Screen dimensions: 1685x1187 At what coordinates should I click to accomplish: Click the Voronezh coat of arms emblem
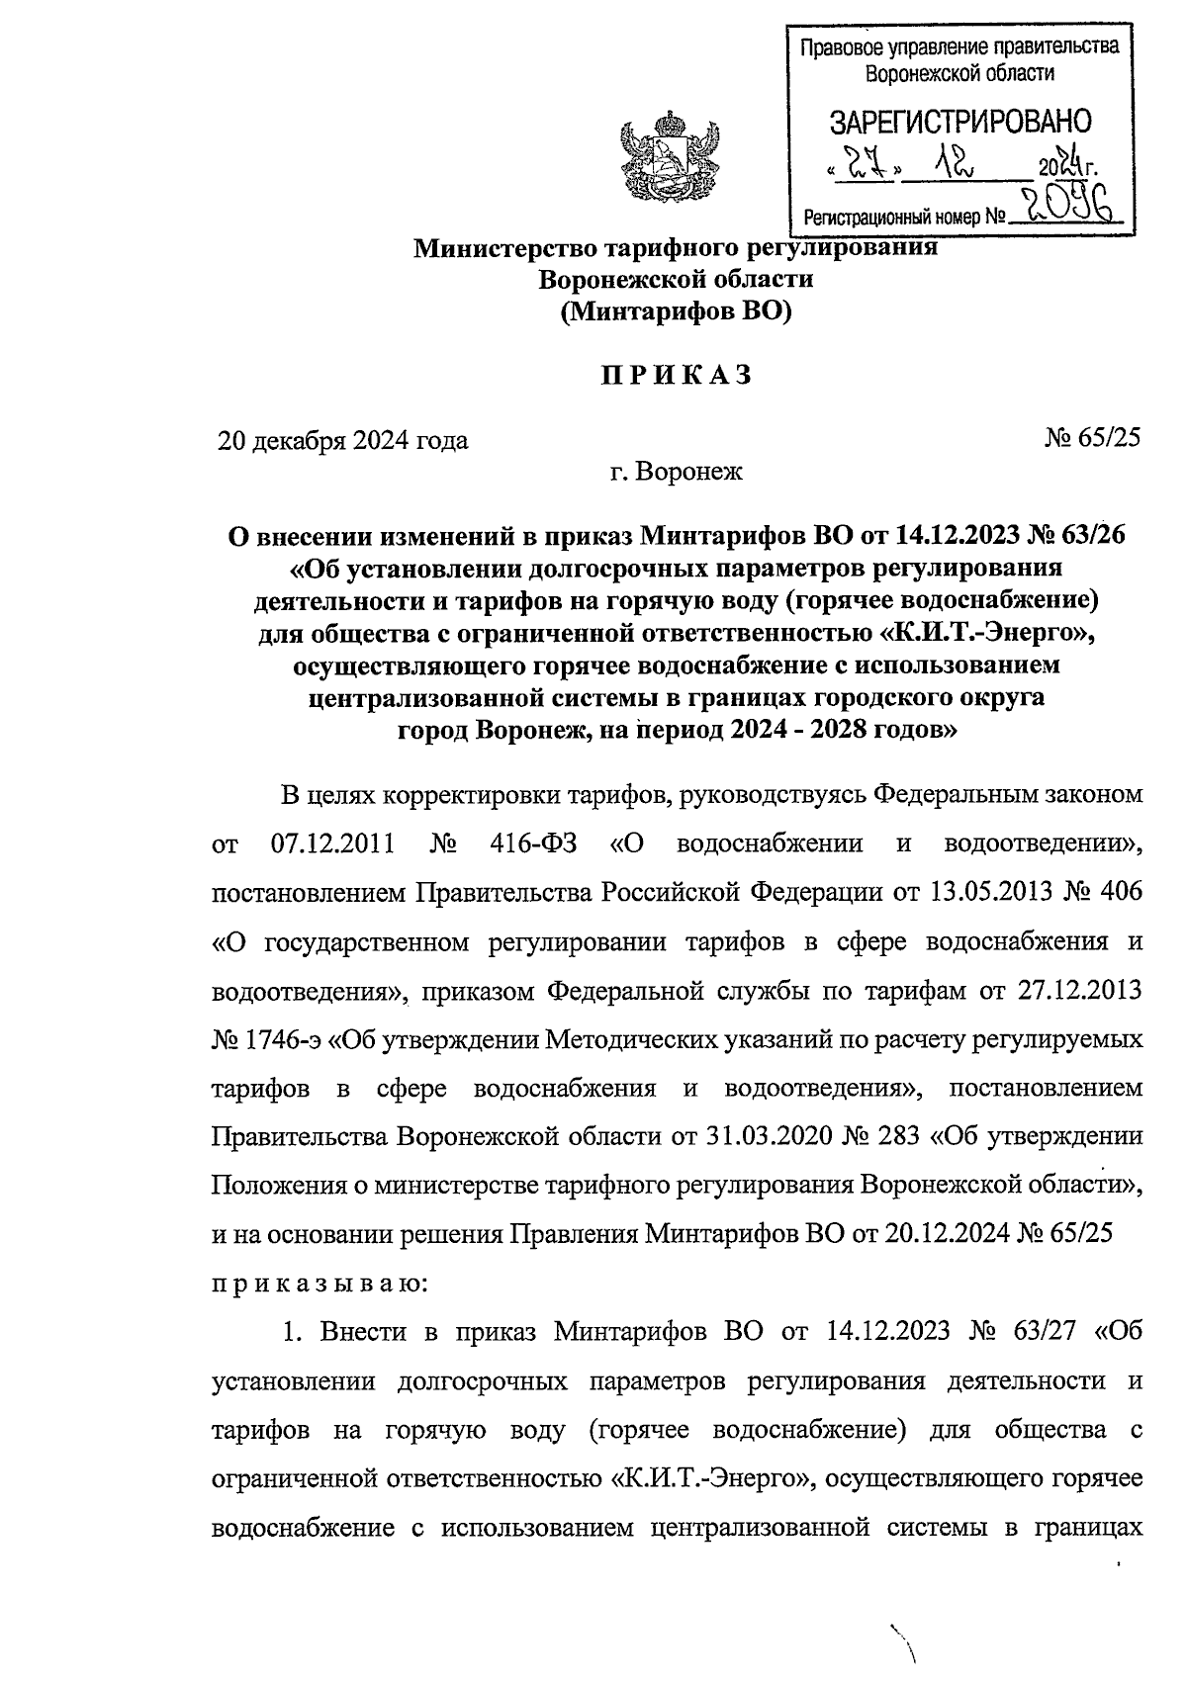point(669,163)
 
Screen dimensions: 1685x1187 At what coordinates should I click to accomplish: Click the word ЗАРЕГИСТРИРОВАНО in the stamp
point(959,122)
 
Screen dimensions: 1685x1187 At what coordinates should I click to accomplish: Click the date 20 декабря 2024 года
point(343,440)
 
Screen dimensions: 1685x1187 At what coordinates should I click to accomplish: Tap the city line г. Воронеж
point(676,472)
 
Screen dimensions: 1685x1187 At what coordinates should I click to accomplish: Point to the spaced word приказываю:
point(319,1285)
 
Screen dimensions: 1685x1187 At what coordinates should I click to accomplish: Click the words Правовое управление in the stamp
point(880,46)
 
